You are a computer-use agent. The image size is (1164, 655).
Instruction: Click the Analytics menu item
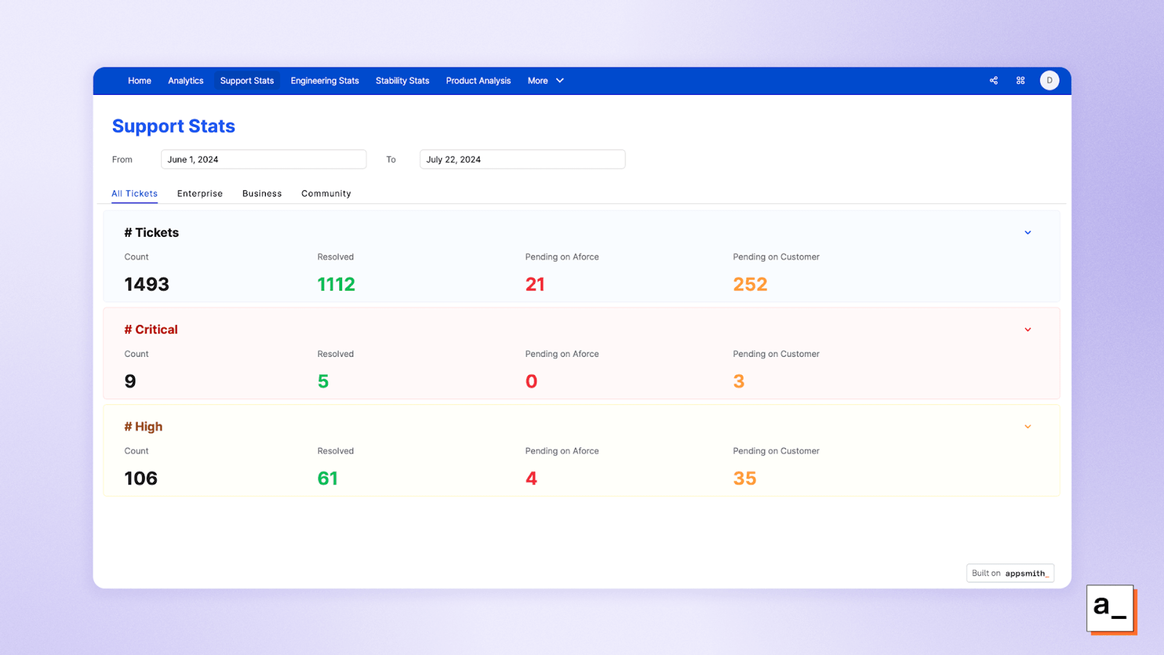tap(186, 81)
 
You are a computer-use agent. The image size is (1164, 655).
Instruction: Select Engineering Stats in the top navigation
tap(324, 81)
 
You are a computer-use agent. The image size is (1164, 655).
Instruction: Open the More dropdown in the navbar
tap(545, 81)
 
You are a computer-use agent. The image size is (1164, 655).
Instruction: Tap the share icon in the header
tap(993, 81)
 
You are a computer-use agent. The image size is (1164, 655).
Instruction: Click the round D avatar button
tap(1049, 81)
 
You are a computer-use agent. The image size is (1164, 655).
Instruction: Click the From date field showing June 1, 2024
tap(263, 160)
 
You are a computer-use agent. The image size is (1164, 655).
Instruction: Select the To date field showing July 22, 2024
tap(522, 160)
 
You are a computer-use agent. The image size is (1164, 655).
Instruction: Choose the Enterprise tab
tap(200, 193)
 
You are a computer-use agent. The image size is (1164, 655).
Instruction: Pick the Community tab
tap(326, 193)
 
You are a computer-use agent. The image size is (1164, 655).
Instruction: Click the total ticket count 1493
tap(147, 284)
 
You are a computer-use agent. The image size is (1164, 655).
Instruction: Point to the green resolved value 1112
tap(336, 284)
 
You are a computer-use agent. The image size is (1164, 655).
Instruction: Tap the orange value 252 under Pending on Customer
tap(750, 284)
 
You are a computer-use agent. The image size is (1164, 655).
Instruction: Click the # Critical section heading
tap(151, 330)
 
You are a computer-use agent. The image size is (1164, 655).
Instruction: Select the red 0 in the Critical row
tap(531, 381)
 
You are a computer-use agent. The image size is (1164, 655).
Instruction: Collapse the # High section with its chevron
tap(1027, 427)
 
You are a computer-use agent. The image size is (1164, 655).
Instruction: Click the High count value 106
tap(141, 479)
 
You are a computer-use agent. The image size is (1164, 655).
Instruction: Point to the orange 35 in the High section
tap(744, 479)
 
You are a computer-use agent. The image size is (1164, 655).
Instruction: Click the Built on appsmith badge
tap(1010, 573)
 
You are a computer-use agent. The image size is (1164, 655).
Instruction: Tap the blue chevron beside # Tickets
tap(1027, 233)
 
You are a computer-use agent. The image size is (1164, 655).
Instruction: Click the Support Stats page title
tap(173, 126)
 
